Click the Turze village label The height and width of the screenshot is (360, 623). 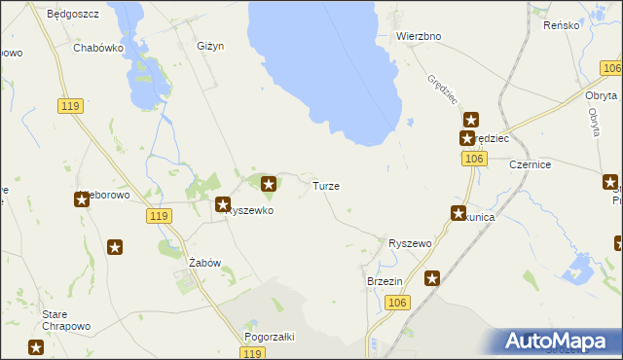325,185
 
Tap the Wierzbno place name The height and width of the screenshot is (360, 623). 420,36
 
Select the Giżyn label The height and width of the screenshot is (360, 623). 210,46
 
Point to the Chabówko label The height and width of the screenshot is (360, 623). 97,46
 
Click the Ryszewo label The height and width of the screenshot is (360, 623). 410,243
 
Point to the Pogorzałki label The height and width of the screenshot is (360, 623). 270,336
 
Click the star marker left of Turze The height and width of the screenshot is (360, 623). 269,182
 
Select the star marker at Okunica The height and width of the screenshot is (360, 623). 458,213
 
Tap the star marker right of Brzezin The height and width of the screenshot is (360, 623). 432,278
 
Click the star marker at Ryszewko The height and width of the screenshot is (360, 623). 222,205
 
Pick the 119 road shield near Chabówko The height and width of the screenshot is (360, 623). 68,106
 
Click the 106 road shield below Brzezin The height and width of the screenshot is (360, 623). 396,304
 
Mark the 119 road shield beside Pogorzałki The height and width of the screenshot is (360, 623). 253,355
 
